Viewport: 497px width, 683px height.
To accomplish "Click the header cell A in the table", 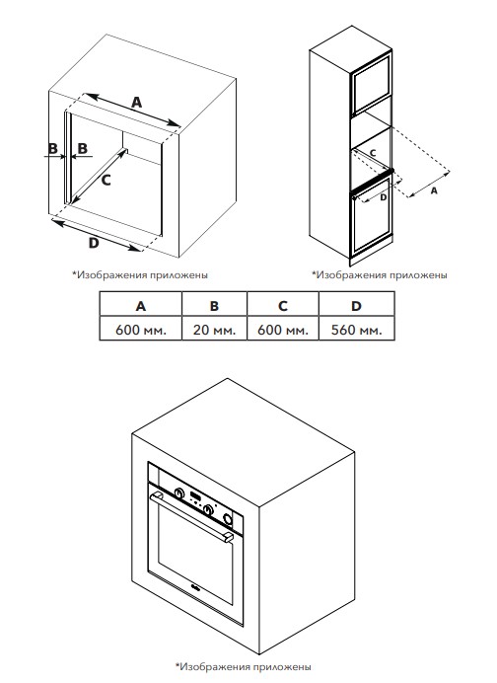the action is coord(141,304).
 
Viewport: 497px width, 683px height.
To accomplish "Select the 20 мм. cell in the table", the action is coord(214,328).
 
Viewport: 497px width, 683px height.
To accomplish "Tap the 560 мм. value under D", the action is coord(356,328).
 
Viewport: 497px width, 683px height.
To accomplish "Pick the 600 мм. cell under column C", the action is coord(283,328).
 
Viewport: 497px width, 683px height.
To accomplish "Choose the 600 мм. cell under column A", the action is coord(141,328).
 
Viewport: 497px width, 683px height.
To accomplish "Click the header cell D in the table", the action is coord(356,304).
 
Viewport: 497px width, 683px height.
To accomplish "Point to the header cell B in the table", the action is coord(214,304).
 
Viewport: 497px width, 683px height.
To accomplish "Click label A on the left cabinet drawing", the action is coord(137,103).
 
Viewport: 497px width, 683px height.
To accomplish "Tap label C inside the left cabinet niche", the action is coord(106,180).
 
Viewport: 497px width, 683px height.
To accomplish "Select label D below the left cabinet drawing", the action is coord(94,243).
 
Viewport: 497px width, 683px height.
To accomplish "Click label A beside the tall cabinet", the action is coord(434,190).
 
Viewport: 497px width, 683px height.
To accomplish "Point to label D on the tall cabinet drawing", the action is coord(383,196).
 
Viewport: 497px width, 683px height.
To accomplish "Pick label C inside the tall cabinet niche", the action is coord(373,153).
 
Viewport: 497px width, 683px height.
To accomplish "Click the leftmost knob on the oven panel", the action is coord(178,493).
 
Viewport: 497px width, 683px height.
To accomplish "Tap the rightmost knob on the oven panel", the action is coord(227,518).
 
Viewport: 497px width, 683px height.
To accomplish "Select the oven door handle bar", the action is coord(191,517).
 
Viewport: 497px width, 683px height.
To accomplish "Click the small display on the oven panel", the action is coord(194,496).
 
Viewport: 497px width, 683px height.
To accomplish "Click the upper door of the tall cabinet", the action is coord(372,83).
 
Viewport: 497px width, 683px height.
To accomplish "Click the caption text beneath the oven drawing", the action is coord(244,666).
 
